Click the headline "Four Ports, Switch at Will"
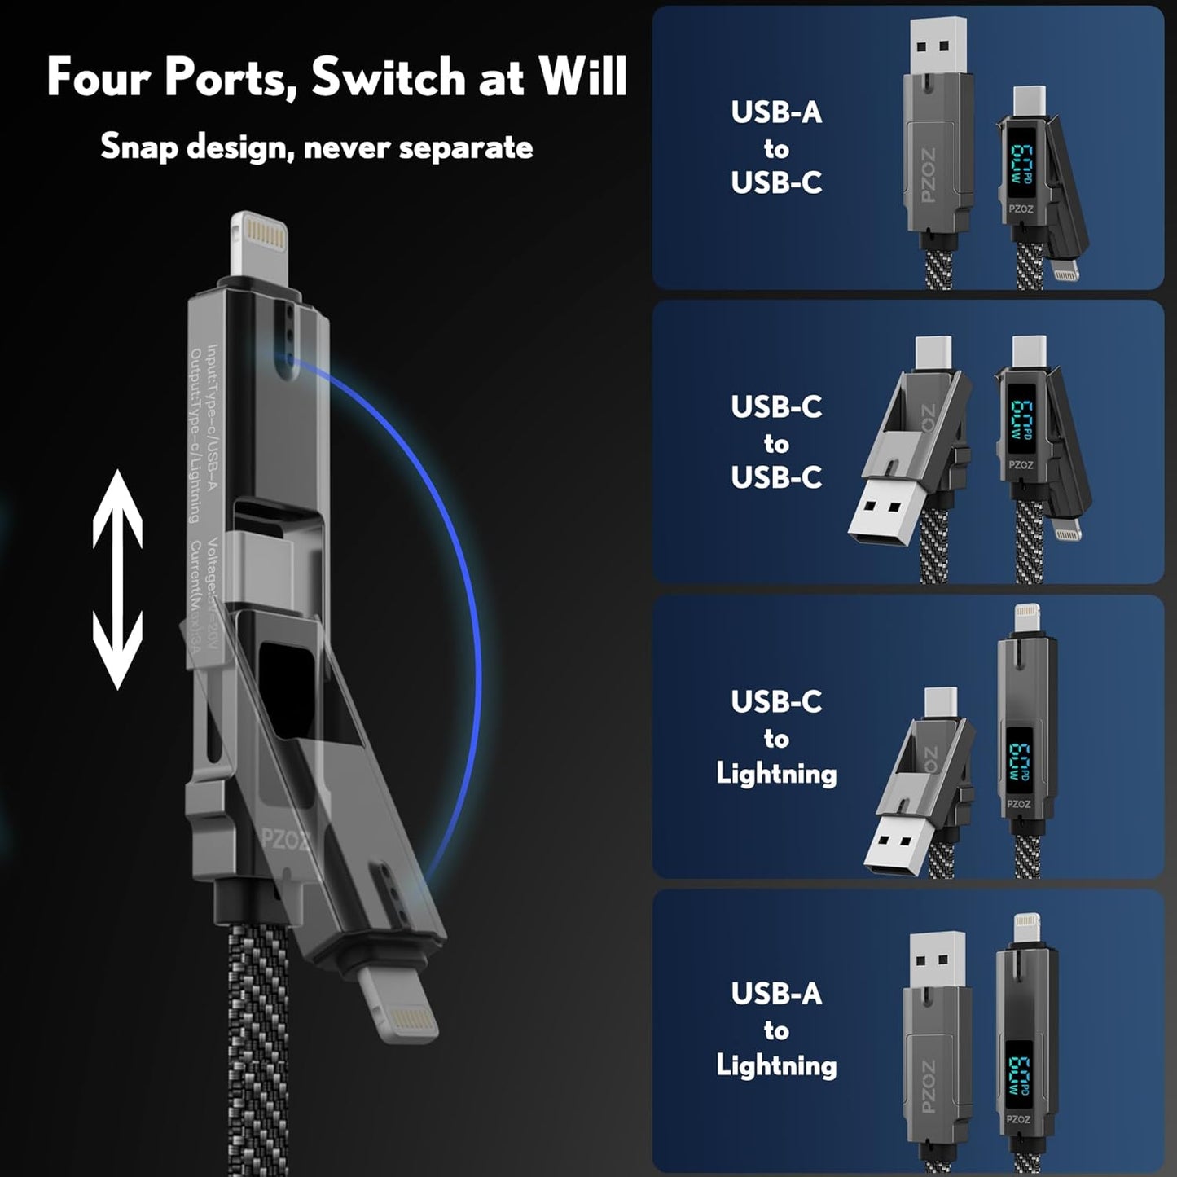[x=336, y=77]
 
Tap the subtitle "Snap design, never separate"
[x=316, y=147]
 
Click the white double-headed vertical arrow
[x=117, y=579]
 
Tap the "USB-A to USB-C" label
[x=775, y=147]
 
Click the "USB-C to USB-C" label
[x=775, y=442]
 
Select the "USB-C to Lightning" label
[x=775, y=737]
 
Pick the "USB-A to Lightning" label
[x=775, y=1030]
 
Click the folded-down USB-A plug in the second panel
[x=882, y=520]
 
